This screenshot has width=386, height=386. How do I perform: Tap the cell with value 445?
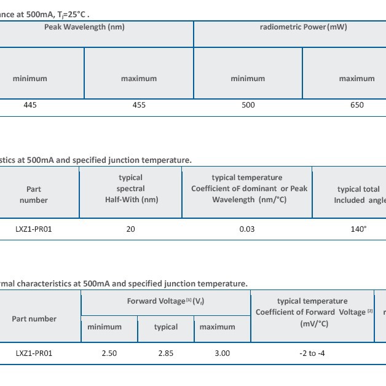click(x=30, y=105)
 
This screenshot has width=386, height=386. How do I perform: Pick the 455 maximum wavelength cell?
click(x=139, y=105)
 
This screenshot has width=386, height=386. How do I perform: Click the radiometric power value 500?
click(x=248, y=105)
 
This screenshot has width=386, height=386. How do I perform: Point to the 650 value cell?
click(x=356, y=105)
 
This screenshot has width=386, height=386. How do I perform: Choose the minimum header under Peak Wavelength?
click(x=30, y=79)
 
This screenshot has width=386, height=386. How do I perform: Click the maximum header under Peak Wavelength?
click(x=139, y=79)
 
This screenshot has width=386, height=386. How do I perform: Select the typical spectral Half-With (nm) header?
click(x=130, y=189)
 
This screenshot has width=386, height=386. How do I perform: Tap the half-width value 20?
click(x=130, y=229)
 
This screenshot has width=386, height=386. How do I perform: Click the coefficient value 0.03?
click(x=247, y=229)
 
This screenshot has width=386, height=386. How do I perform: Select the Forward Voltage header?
click(x=165, y=301)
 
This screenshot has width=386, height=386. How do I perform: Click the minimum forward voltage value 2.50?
click(x=108, y=353)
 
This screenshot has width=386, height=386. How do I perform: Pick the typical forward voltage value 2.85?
click(x=166, y=353)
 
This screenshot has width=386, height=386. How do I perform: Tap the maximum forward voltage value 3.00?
click(x=222, y=353)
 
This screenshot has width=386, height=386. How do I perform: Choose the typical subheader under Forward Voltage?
click(x=166, y=327)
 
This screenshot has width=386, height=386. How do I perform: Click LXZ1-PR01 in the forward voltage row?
click(x=34, y=353)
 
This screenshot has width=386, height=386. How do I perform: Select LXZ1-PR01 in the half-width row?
click(x=34, y=229)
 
